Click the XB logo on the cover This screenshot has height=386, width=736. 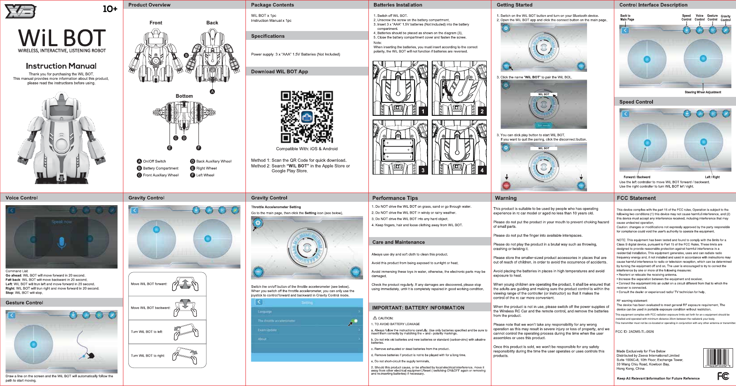click(x=20, y=11)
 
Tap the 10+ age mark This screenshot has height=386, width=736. click(x=110, y=9)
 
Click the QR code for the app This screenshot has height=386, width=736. click(x=307, y=117)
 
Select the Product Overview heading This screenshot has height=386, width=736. click(x=149, y=5)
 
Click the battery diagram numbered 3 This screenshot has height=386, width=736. click(x=400, y=147)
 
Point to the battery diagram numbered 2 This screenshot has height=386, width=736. click(x=459, y=88)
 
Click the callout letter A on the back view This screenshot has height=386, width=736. click(x=212, y=91)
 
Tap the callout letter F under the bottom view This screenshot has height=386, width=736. click(x=199, y=148)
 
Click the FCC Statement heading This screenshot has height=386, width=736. click(x=636, y=198)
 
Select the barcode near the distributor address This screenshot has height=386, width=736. click(x=718, y=357)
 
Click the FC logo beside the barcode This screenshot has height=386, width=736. click(x=723, y=376)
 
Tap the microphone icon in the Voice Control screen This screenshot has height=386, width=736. click(x=62, y=242)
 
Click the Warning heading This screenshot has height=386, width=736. click(x=506, y=198)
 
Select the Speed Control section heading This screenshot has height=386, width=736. click(x=636, y=102)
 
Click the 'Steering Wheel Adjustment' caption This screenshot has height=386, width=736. click(x=702, y=92)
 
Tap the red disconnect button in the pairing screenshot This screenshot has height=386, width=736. click(x=506, y=185)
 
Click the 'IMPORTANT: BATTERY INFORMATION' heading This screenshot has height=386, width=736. click(x=418, y=308)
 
